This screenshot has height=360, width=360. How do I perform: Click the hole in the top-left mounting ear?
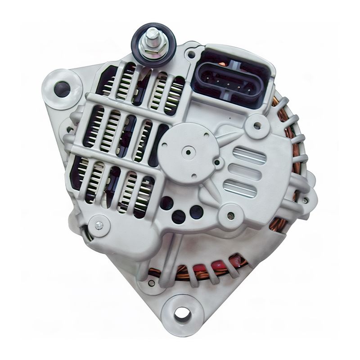pyautogui.click(x=62, y=87)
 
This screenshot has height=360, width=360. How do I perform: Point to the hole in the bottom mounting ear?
pyautogui.click(x=182, y=312)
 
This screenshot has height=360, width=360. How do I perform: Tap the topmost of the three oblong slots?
pyautogui.click(x=249, y=155)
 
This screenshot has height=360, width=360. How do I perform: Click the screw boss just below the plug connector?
pyautogui.click(x=257, y=124)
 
